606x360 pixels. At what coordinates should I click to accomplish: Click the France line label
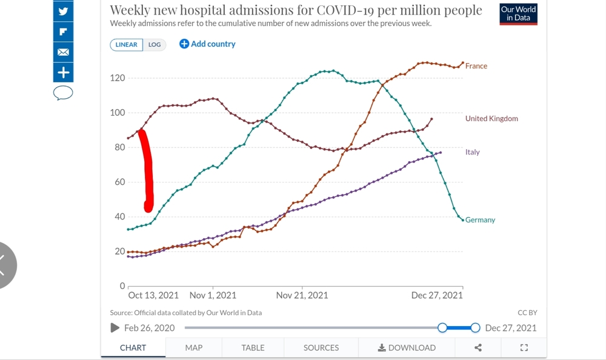[476, 66]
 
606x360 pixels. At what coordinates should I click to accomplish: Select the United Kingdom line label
[491, 119]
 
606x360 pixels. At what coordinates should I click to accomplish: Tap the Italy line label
[473, 152]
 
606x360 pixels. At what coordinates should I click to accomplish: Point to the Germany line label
[481, 220]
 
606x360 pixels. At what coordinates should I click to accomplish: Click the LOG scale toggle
[155, 45]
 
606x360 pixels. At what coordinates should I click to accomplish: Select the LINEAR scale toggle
[127, 45]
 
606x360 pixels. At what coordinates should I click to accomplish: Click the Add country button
[207, 44]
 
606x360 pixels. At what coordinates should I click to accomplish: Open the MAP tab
[194, 348]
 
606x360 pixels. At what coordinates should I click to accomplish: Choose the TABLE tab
[253, 348]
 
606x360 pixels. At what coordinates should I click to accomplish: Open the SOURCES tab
[321, 348]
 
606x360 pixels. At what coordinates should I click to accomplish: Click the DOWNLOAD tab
[407, 348]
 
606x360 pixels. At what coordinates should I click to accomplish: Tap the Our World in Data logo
[519, 13]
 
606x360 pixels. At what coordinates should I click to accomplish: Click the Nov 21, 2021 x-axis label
[302, 295]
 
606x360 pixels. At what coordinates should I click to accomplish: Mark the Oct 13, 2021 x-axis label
[153, 295]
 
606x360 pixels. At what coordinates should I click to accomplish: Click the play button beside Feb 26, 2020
[115, 328]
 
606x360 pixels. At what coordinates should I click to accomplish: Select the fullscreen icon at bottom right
[524, 348]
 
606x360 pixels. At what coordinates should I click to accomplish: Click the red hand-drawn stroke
[147, 170]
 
